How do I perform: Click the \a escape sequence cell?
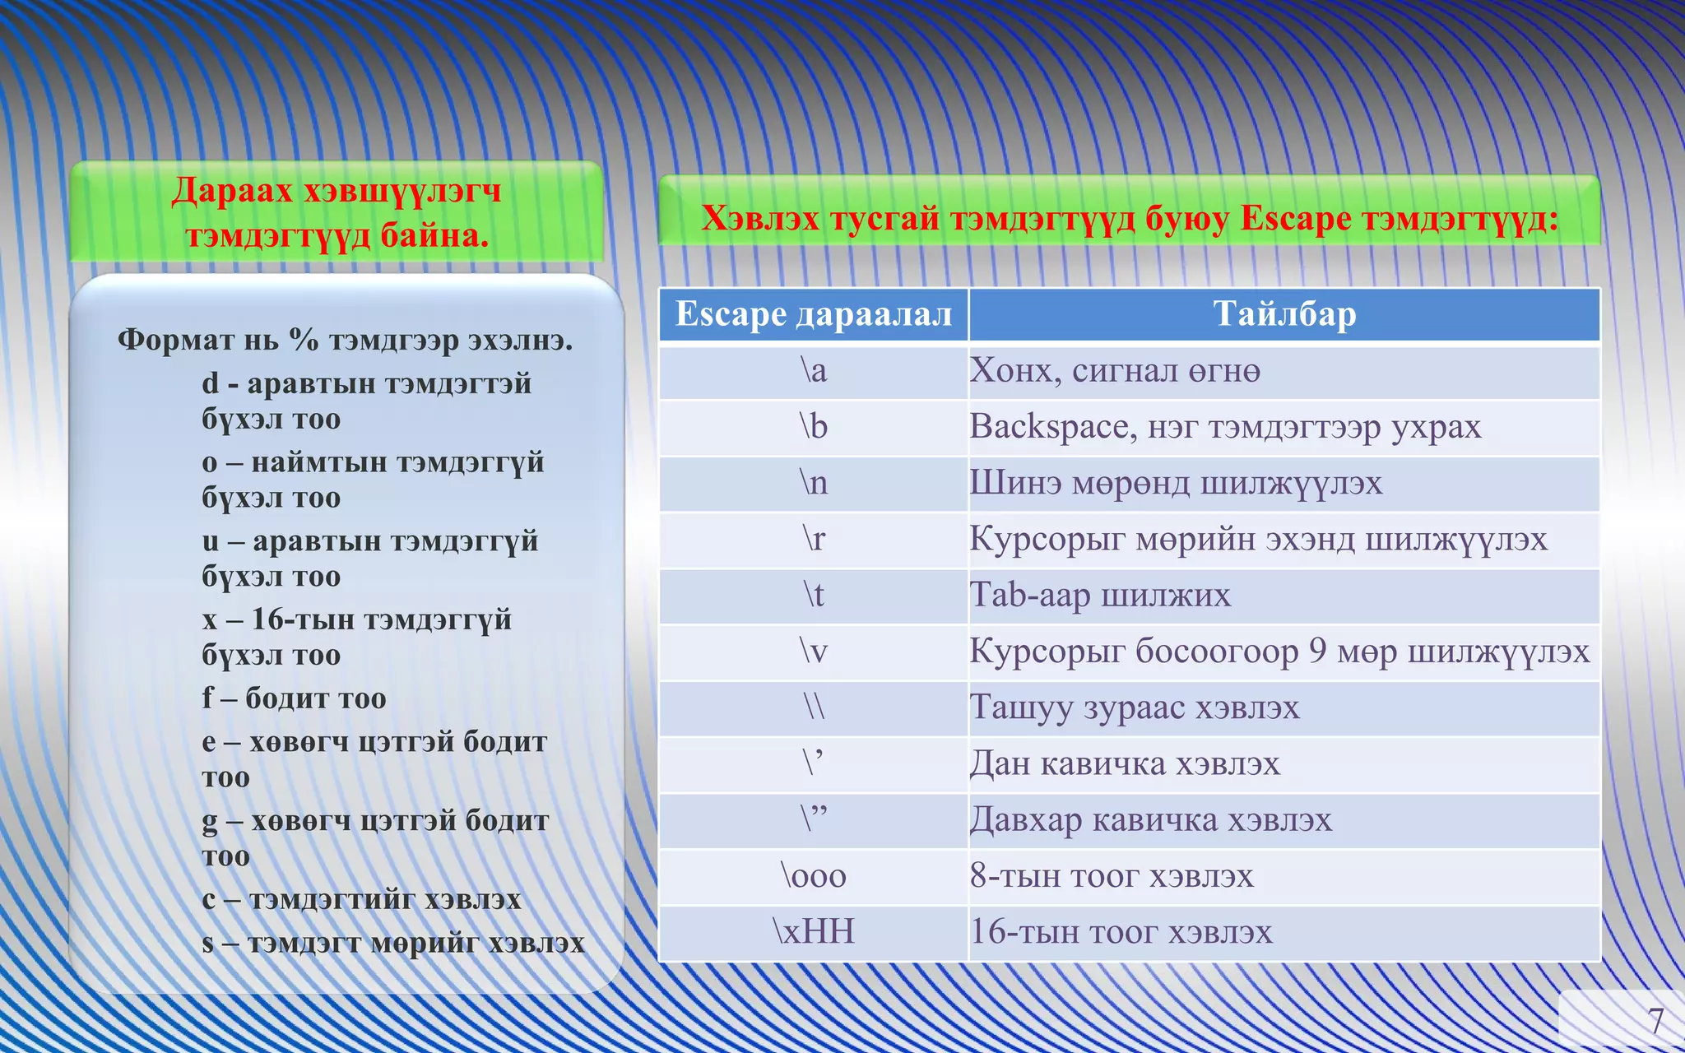tap(814, 372)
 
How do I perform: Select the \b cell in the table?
tap(814, 428)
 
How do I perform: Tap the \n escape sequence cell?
tap(814, 484)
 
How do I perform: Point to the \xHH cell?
tap(814, 933)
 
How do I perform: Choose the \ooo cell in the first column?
tap(814, 877)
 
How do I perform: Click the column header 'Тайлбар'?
tap(1284, 314)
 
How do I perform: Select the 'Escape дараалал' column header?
tap(814, 314)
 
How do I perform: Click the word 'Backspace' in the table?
tap(1048, 427)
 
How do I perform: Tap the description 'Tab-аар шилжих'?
tap(1100, 596)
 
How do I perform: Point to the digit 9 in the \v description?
tap(1318, 652)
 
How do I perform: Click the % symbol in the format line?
tap(304, 339)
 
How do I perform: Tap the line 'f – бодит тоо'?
tap(295, 698)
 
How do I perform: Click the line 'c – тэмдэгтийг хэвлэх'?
tap(362, 900)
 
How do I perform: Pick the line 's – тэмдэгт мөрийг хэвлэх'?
tap(393, 943)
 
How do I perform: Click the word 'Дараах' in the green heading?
tap(232, 191)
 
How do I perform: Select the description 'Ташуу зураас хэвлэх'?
tap(1135, 708)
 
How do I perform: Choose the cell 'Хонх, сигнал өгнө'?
tap(1115, 372)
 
